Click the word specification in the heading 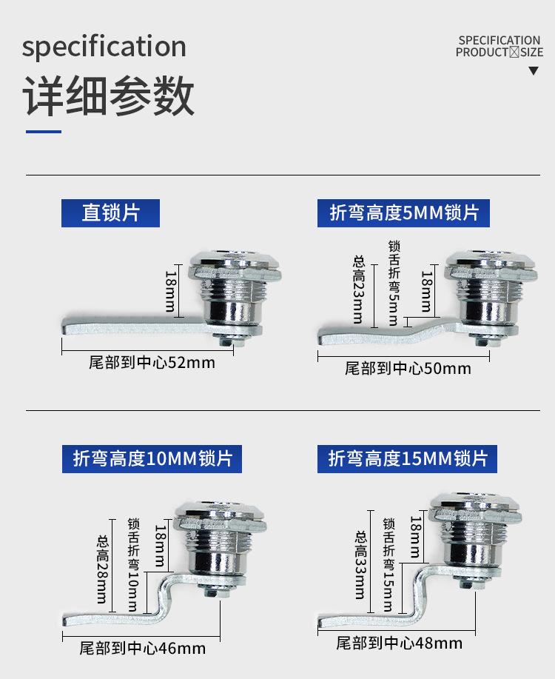pyautogui.click(x=104, y=47)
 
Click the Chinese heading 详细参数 pyautogui.click(x=110, y=96)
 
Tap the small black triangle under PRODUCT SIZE pyautogui.click(x=534, y=71)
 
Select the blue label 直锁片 pyautogui.click(x=110, y=213)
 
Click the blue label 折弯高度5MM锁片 pyautogui.click(x=404, y=213)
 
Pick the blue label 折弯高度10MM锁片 pyautogui.click(x=152, y=458)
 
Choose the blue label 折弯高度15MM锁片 pyautogui.click(x=408, y=458)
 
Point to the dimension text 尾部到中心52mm pyautogui.click(x=152, y=362)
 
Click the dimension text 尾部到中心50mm pyautogui.click(x=408, y=368)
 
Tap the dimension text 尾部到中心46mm pyautogui.click(x=143, y=649)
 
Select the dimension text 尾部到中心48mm pyautogui.click(x=400, y=643)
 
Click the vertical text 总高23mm pyautogui.click(x=359, y=290)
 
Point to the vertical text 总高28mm pyautogui.click(x=102, y=569)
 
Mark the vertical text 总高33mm pyautogui.click(x=360, y=564)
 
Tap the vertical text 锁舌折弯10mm pyautogui.click(x=133, y=563)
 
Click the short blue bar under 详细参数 pyautogui.click(x=44, y=132)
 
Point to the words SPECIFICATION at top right pyautogui.click(x=499, y=40)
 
